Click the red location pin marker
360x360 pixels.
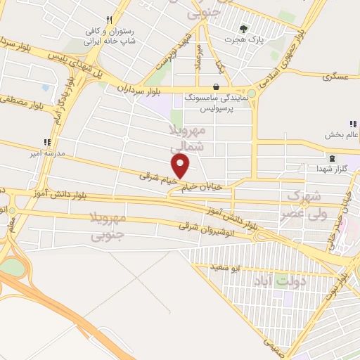[181, 167]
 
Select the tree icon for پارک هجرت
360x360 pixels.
[243, 29]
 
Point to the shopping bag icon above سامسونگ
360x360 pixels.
[215, 88]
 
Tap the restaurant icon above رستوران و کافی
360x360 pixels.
[108, 20]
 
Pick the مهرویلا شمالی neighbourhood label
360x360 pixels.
[188, 139]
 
